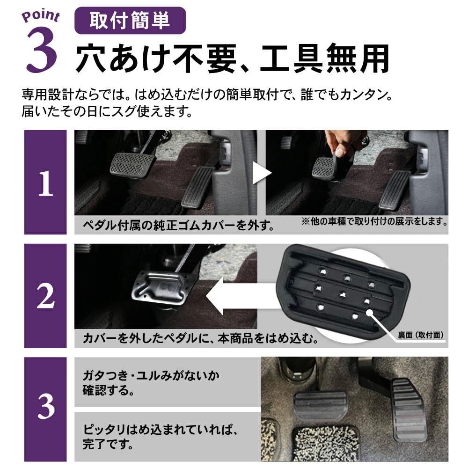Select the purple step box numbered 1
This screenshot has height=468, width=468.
pos(45,183)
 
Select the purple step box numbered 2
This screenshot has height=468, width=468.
pos(45,295)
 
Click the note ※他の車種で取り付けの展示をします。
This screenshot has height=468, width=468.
pos(374,220)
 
